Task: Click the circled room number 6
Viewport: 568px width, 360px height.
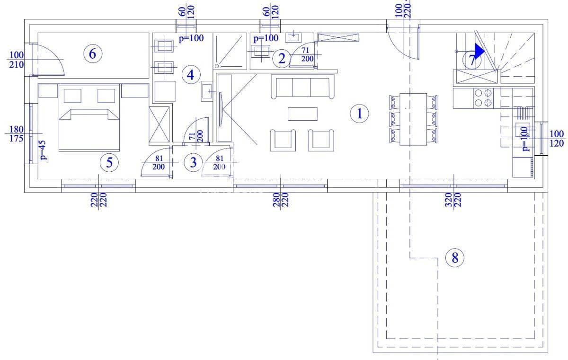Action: pyautogui.click(x=93, y=54)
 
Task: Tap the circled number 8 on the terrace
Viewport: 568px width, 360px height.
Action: pyautogui.click(x=455, y=258)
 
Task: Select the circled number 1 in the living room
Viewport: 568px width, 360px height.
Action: pyautogui.click(x=359, y=114)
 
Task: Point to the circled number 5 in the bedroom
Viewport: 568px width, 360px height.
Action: pyautogui.click(x=109, y=162)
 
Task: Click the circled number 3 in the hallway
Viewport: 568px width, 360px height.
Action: pyautogui.click(x=193, y=162)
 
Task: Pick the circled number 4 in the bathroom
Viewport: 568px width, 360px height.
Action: pyautogui.click(x=191, y=75)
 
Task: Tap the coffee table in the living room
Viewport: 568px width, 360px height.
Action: pyautogui.click(x=302, y=114)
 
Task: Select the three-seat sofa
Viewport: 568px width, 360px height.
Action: pyautogui.click(x=302, y=87)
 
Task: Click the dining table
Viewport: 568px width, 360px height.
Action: pyautogui.click(x=413, y=119)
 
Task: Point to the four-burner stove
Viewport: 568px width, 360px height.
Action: pyautogui.click(x=483, y=98)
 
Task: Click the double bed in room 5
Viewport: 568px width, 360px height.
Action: pyautogui.click(x=89, y=118)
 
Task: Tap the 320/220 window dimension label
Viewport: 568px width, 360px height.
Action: pyautogui.click(x=453, y=200)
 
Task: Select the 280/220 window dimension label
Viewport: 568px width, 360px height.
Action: pyautogui.click(x=281, y=200)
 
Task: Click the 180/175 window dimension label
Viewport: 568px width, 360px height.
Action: pyautogui.click(x=16, y=134)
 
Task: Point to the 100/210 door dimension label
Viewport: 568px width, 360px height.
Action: pyautogui.click(x=16, y=60)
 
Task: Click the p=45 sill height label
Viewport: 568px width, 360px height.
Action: pyautogui.click(x=43, y=150)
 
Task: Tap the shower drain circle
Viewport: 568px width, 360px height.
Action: pyautogui.click(x=217, y=66)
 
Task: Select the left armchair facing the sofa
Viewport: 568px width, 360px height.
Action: pyautogui.click(x=283, y=140)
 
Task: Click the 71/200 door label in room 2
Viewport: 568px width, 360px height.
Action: pyautogui.click(x=307, y=55)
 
